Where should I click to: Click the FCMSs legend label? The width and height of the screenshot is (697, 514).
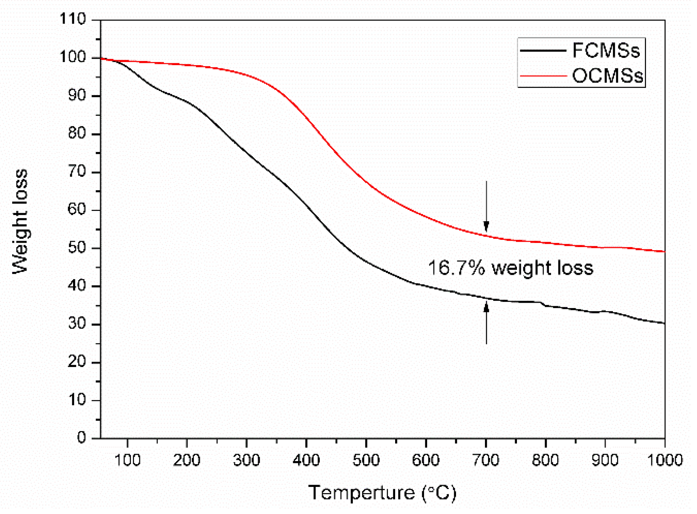pos(606,51)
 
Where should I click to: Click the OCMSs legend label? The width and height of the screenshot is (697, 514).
pos(607,76)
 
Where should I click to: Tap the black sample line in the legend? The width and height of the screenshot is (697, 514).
pos(543,51)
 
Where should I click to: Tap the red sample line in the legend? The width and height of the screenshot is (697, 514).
pos(543,76)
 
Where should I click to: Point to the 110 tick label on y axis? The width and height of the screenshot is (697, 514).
pos(73,19)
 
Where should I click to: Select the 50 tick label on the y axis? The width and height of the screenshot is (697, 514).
pos(77,248)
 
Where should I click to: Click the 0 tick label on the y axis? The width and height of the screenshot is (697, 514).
pos(81,438)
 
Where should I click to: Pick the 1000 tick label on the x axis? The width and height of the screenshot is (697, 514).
pos(665,460)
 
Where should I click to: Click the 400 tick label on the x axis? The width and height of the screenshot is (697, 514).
pos(306,460)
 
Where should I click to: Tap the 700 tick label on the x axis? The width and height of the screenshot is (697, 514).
pos(486,460)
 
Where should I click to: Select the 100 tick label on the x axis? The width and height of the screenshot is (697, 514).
pos(127,460)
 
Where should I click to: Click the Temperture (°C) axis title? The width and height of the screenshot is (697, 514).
pos(382,493)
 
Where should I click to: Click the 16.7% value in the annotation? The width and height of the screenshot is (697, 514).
pos(456,268)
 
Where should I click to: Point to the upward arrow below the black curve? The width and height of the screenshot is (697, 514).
pos(486,322)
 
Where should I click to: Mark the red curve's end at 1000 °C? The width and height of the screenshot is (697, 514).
pos(664,251)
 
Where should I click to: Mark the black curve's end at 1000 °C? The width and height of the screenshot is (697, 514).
pos(664,323)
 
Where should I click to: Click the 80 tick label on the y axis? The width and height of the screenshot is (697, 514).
pos(77,134)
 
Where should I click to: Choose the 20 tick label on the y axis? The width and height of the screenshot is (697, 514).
pos(77,362)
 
